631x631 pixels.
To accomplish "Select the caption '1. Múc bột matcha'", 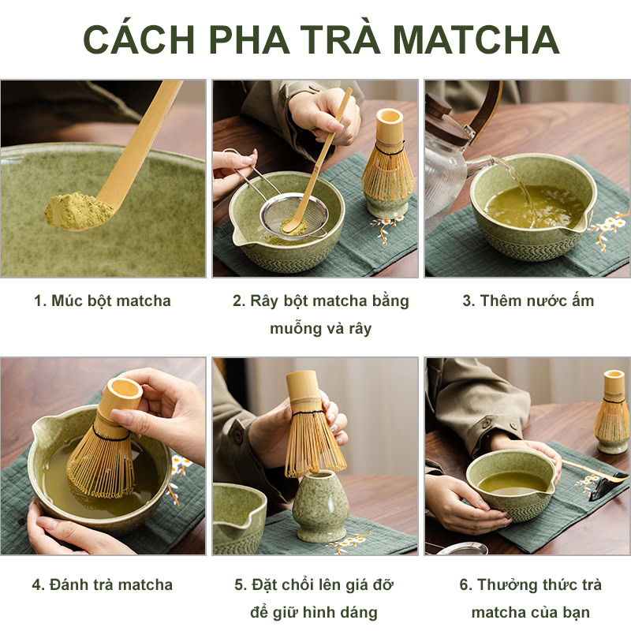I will (103, 301).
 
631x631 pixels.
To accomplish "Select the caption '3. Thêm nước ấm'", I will (528, 301).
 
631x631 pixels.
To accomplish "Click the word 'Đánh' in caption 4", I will (72, 584).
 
